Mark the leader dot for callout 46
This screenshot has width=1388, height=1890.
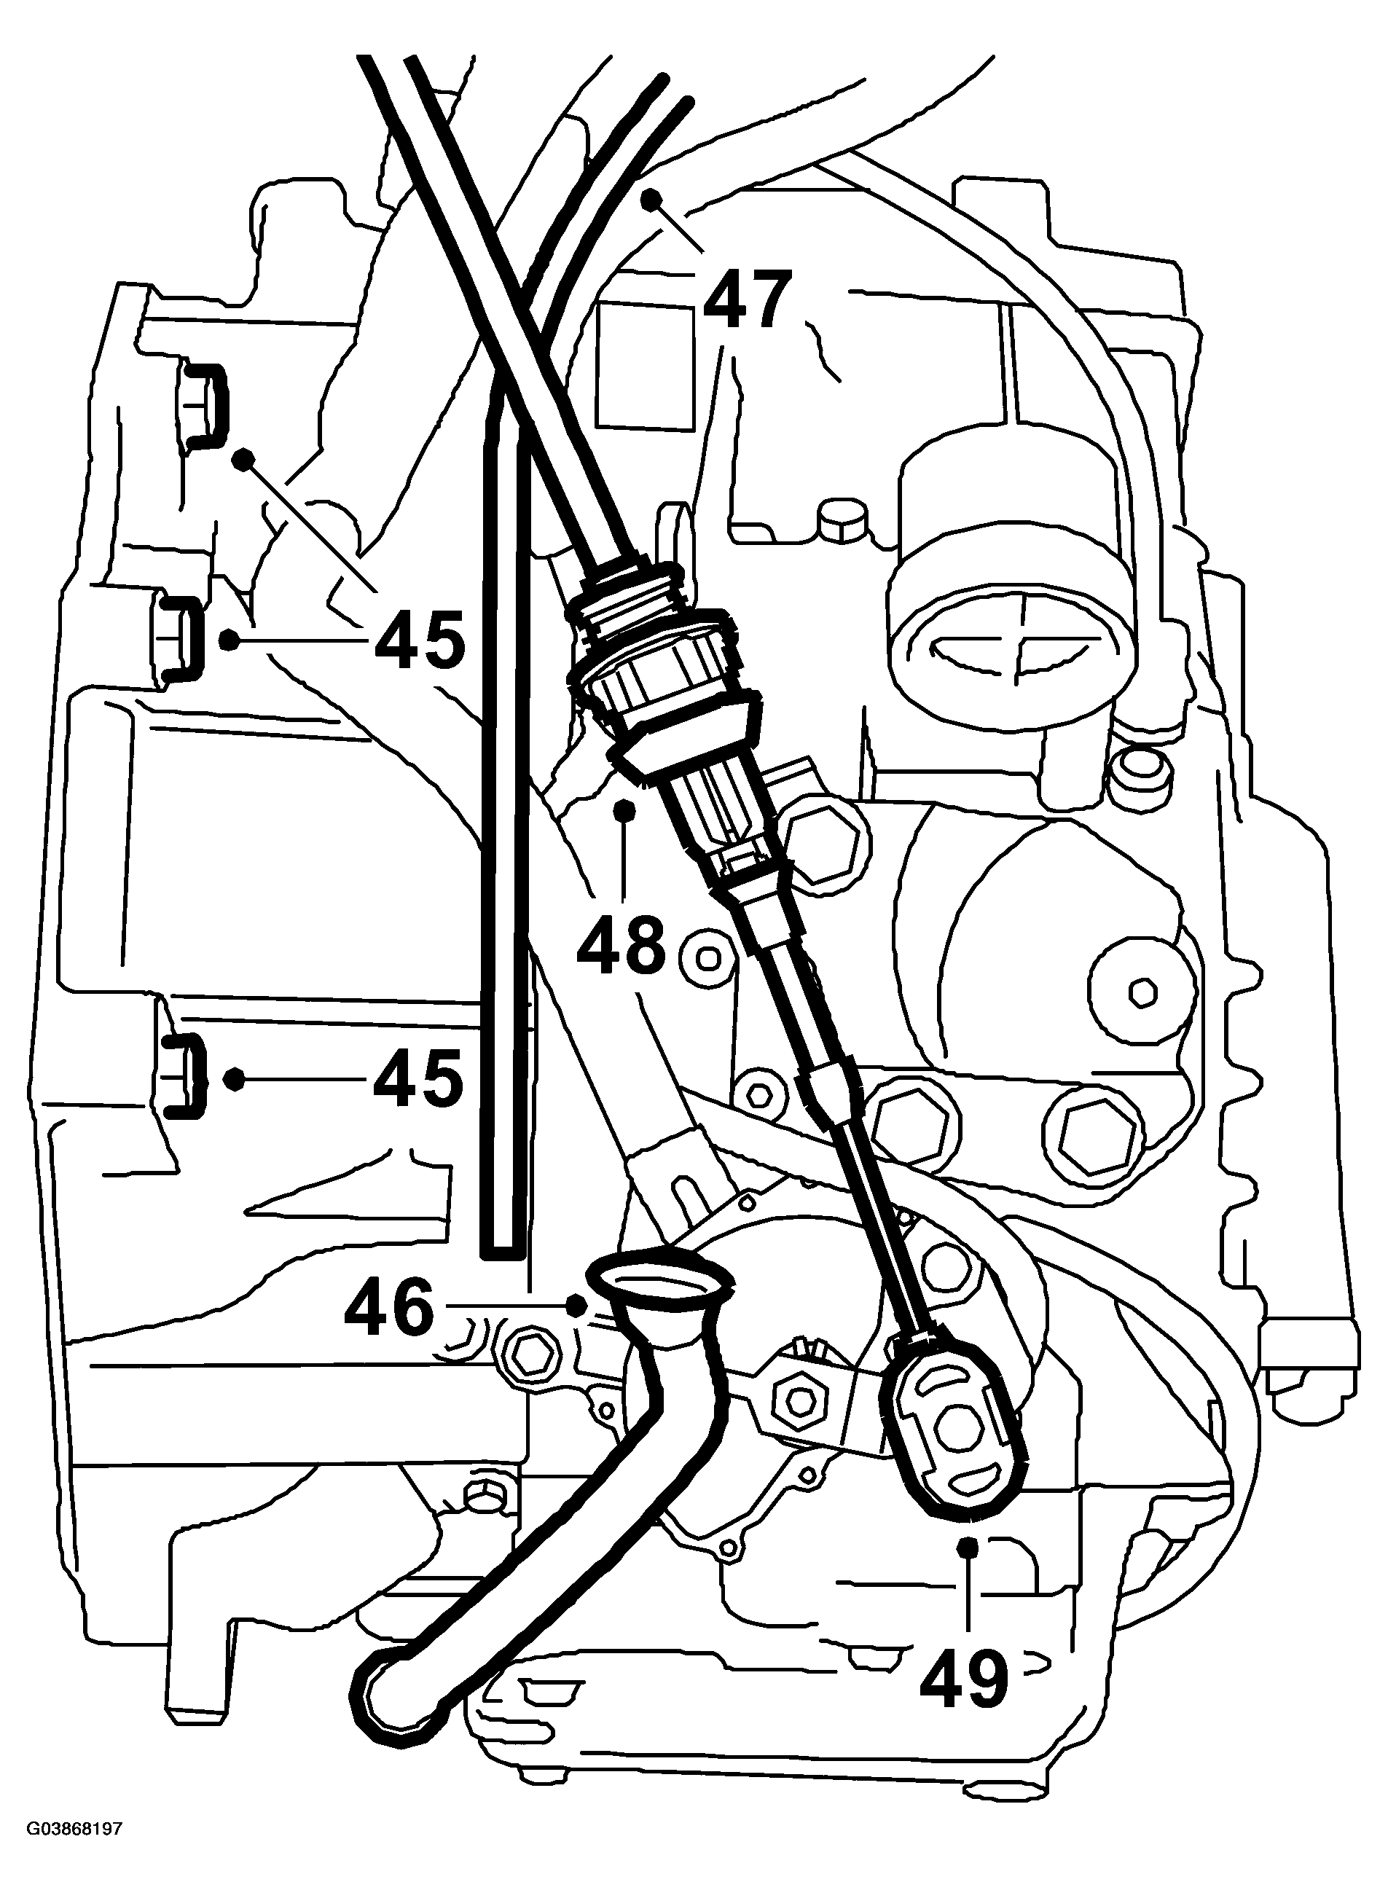tap(576, 1306)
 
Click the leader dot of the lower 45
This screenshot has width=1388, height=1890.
tap(235, 1078)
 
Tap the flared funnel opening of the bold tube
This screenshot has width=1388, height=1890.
tap(662, 1280)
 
